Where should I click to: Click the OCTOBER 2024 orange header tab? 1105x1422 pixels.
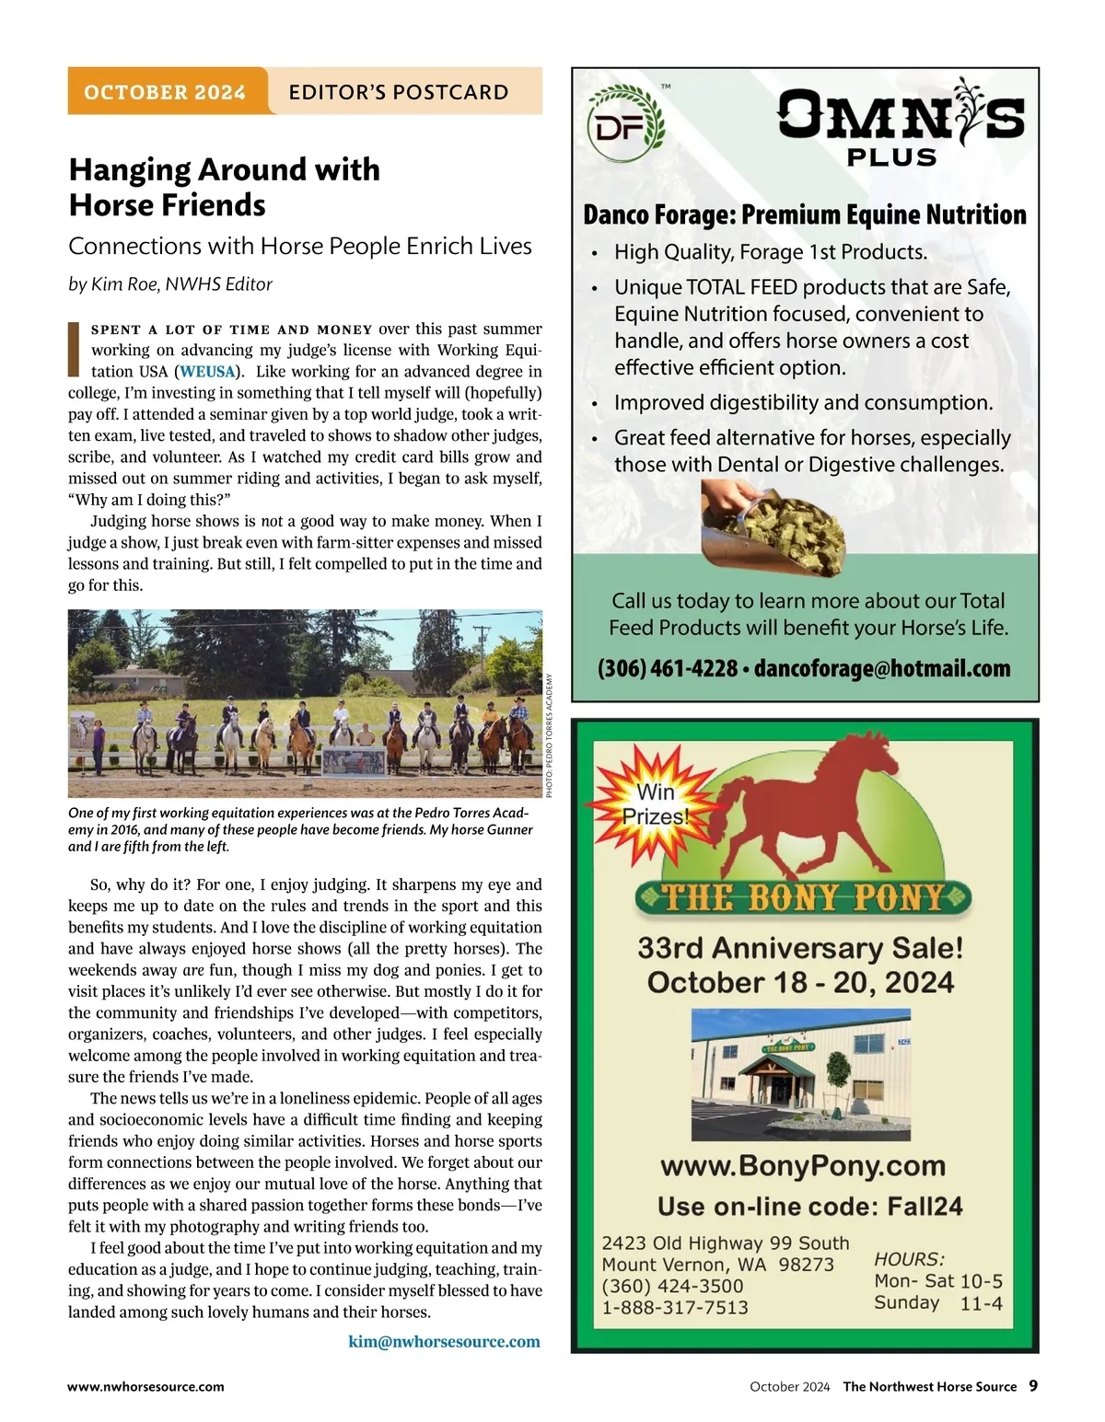pyautogui.click(x=166, y=92)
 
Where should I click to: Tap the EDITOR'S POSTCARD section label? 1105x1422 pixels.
pyautogui.click(x=398, y=92)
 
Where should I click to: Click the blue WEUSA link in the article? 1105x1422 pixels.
pyautogui.click(x=207, y=372)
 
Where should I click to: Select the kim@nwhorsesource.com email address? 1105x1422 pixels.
pyautogui.click(x=444, y=1341)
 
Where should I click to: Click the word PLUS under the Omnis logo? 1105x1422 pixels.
pyautogui.click(x=891, y=158)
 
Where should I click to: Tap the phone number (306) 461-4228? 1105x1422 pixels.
pyautogui.click(x=667, y=668)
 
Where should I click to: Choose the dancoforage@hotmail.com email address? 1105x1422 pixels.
pyautogui.click(x=882, y=668)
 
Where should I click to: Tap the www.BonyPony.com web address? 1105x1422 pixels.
pyautogui.click(x=803, y=1166)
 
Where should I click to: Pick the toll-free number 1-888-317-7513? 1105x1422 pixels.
pyautogui.click(x=675, y=1307)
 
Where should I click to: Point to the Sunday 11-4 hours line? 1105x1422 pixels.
pyautogui.click(x=937, y=1303)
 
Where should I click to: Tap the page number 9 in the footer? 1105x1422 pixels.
pyautogui.click(x=1033, y=1386)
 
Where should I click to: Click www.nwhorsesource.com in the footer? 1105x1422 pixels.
pyautogui.click(x=145, y=1386)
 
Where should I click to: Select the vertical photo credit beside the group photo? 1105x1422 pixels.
pyautogui.click(x=550, y=735)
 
